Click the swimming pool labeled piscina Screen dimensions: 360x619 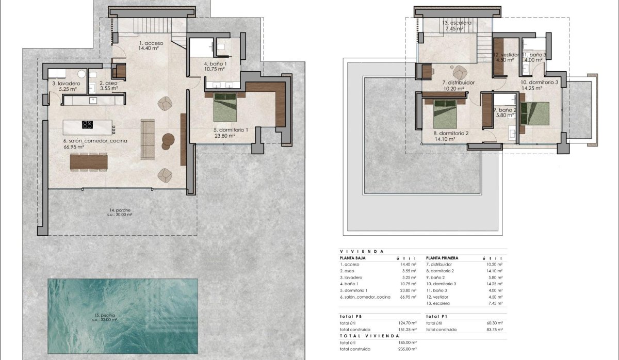(x=123, y=316)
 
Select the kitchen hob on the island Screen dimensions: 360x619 (x=87, y=125)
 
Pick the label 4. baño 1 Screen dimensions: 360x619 (x=215, y=66)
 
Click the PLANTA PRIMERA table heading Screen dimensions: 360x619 (x=443, y=257)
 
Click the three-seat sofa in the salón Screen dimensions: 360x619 (x=148, y=139)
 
